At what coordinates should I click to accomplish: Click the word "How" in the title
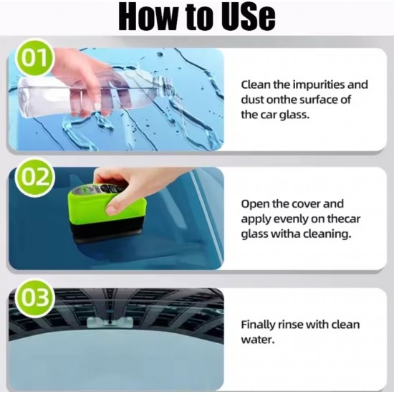[x=148, y=17]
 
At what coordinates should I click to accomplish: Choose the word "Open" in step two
[x=254, y=203]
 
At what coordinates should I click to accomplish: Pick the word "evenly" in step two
[x=291, y=218]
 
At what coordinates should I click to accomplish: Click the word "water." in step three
[x=256, y=338]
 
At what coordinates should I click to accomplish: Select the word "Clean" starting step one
[x=255, y=84]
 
